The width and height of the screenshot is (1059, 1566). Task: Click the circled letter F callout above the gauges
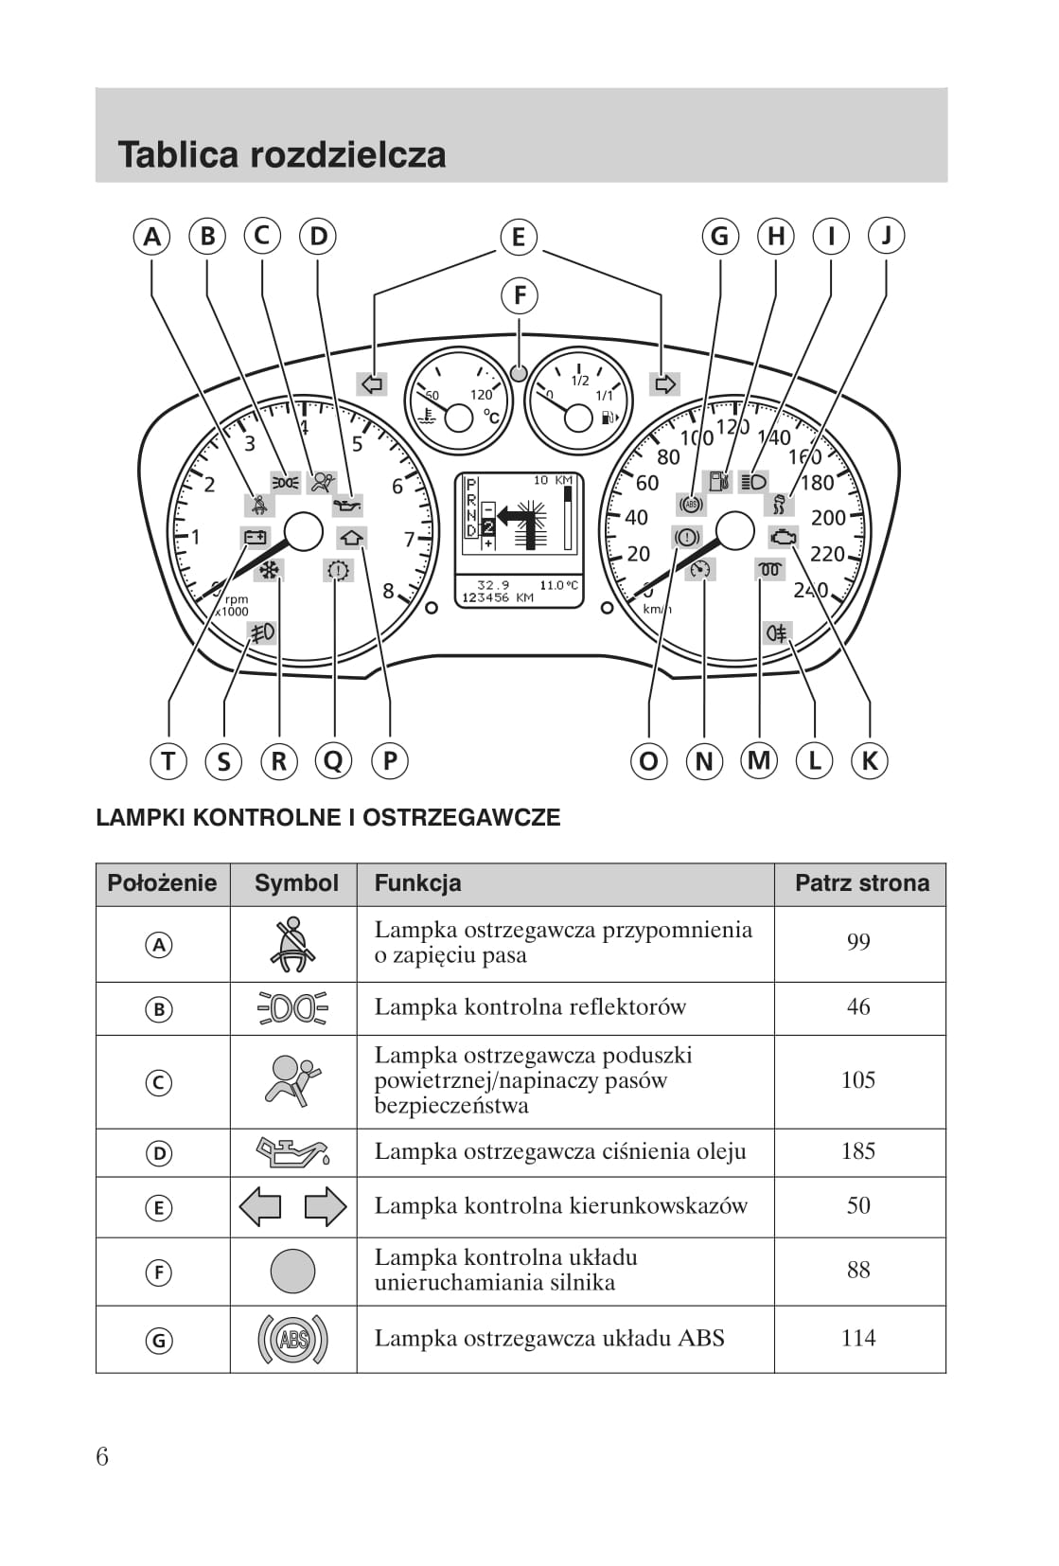tap(519, 295)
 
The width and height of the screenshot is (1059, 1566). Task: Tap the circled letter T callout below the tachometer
tap(168, 760)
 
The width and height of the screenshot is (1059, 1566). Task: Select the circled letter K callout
tap(870, 760)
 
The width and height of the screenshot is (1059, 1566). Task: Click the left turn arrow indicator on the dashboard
tap(372, 383)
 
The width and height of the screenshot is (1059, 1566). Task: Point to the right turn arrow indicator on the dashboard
tap(664, 383)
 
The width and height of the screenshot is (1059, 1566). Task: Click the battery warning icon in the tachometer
tap(256, 538)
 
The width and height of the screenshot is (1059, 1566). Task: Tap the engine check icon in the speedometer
tap(784, 537)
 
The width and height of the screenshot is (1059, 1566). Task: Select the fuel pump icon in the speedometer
tap(720, 481)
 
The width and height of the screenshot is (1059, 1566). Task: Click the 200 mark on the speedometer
tap(828, 518)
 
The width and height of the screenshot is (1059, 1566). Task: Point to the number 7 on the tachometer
tap(409, 540)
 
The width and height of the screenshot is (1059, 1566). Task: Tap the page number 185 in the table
tap(857, 1151)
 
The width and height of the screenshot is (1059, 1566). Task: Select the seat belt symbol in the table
tap(292, 944)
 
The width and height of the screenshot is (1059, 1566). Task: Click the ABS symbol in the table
tap(292, 1339)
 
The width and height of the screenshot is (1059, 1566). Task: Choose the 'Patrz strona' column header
tap(861, 883)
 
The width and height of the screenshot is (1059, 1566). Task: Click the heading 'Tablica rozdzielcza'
tap(282, 154)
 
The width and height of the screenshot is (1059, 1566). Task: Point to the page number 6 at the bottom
tap(102, 1456)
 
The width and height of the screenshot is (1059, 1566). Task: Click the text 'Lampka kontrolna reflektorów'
tap(530, 1007)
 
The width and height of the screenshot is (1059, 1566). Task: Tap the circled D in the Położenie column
tap(159, 1153)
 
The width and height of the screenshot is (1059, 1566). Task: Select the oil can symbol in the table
tap(292, 1151)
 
